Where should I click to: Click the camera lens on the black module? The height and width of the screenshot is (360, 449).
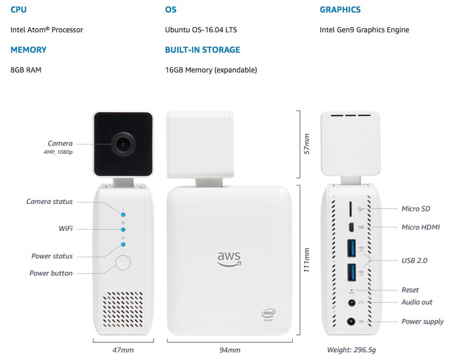(x=123, y=144)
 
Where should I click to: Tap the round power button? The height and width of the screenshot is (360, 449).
(x=123, y=262)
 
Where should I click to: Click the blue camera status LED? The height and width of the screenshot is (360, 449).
(x=123, y=214)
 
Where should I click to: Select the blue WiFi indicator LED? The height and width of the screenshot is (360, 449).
(x=123, y=230)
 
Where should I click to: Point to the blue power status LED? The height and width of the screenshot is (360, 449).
(x=123, y=244)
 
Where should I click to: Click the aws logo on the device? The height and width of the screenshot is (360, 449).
(x=229, y=259)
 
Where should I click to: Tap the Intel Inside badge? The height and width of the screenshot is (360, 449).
(x=269, y=315)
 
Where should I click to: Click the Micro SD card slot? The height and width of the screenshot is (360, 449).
(x=350, y=209)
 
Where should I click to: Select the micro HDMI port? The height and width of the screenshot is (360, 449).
(x=351, y=227)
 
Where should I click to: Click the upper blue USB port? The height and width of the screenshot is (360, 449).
(x=351, y=248)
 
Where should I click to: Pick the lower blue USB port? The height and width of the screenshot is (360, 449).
(x=351, y=273)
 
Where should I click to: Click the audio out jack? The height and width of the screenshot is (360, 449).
(x=351, y=303)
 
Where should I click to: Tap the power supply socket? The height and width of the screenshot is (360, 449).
(x=351, y=321)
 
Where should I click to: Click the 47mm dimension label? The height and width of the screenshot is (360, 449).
(x=123, y=350)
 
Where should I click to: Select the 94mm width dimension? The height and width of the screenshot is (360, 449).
(x=230, y=350)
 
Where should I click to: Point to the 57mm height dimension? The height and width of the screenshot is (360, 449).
(x=307, y=144)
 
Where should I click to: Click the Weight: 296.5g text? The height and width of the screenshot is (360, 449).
(x=351, y=350)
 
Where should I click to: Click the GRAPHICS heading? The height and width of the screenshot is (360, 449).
(x=340, y=10)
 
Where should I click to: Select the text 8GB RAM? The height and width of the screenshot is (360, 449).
(x=26, y=70)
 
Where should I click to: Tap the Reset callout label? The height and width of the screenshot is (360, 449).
(x=410, y=290)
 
